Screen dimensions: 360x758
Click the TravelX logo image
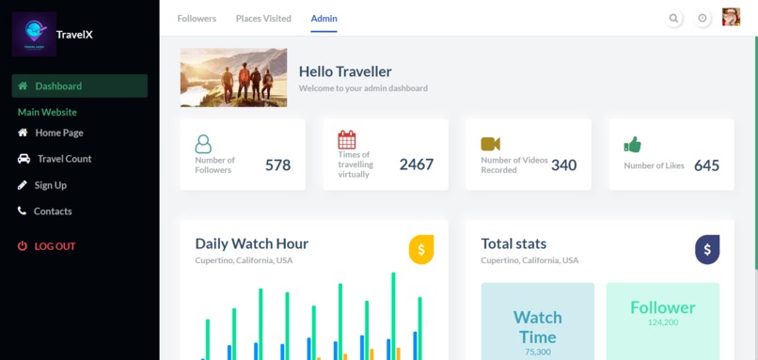(34, 35)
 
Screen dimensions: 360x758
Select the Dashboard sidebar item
(58, 86)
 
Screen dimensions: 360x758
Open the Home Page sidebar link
(59, 133)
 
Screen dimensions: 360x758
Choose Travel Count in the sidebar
(64, 159)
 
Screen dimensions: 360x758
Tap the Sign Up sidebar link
(51, 185)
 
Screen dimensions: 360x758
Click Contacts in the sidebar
(53, 211)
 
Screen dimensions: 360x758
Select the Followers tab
(197, 19)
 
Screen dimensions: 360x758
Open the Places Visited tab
(263, 19)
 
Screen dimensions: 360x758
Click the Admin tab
(324, 19)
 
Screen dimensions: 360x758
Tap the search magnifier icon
(673, 18)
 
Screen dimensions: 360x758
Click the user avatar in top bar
(731, 18)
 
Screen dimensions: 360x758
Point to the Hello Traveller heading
(345, 71)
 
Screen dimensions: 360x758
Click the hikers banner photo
(233, 77)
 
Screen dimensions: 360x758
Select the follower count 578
(277, 165)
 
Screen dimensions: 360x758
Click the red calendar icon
(347, 140)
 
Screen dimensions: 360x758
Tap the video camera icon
(490, 144)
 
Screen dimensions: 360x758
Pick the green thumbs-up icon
(632, 145)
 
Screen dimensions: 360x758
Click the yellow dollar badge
(421, 250)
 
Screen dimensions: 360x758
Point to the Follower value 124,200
(663, 322)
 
